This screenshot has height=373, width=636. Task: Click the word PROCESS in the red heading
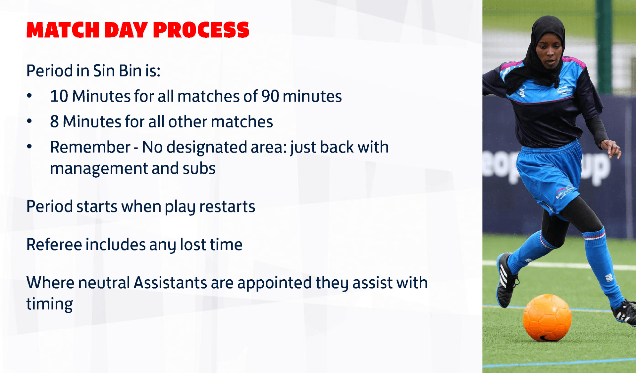(201, 30)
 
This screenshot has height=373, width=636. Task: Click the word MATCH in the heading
(63, 30)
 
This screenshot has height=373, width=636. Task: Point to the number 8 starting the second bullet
(54, 122)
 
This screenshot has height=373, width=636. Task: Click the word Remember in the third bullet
(90, 147)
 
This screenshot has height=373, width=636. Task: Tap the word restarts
(227, 207)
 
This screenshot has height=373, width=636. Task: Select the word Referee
(54, 245)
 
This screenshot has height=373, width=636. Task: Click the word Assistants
(170, 283)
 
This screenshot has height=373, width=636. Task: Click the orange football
(547, 318)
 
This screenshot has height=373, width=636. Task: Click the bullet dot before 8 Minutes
(29, 121)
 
